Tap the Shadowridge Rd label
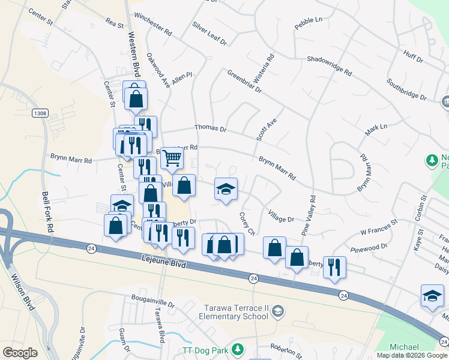pyautogui.click(x=329, y=65)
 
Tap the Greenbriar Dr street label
pyautogui.click(x=244, y=82)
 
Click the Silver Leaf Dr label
pyautogui.click(x=209, y=34)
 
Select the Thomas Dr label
pyautogui.click(x=210, y=128)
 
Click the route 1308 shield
pyautogui.click(x=40, y=112)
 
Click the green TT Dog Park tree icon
pyautogui.click(x=238, y=349)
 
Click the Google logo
pyautogui.click(x=20, y=353)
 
